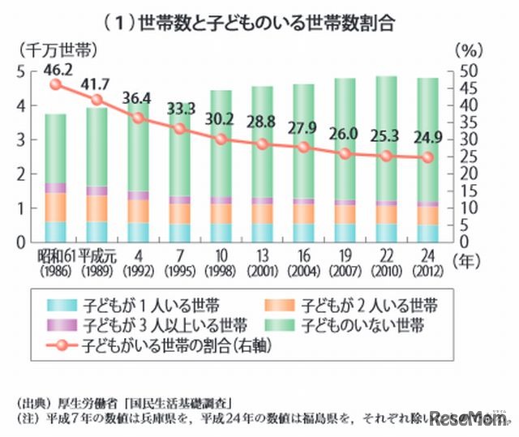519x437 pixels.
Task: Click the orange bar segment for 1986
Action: coord(55,207)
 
